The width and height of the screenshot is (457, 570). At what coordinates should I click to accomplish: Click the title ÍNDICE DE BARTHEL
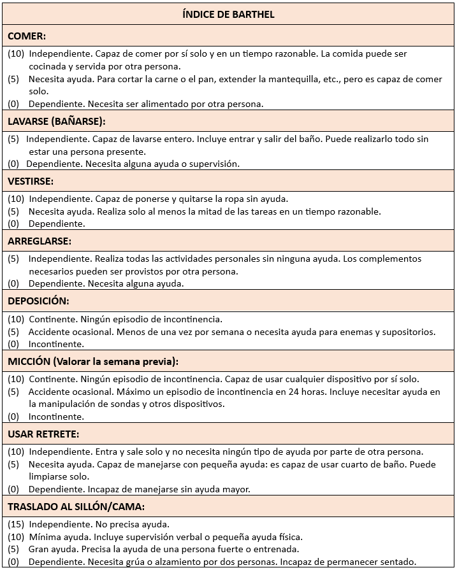coord(228,14)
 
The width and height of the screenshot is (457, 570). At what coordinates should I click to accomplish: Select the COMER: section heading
coord(27,36)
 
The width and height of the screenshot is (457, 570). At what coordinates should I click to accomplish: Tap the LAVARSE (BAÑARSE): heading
coord(57,121)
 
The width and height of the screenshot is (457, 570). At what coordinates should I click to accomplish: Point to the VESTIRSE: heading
coord(31,182)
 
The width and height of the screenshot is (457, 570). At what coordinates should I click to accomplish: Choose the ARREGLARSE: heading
coord(40,241)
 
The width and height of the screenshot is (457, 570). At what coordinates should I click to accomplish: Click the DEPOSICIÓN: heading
coord(38,301)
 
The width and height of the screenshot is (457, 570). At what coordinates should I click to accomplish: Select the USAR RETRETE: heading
coord(43,434)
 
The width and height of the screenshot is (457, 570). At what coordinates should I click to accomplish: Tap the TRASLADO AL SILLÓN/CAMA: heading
coord(76,507)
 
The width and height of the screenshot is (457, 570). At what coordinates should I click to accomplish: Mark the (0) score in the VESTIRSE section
coord(13,224)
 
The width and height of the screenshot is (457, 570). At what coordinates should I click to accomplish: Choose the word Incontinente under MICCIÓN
coord(56,417)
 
